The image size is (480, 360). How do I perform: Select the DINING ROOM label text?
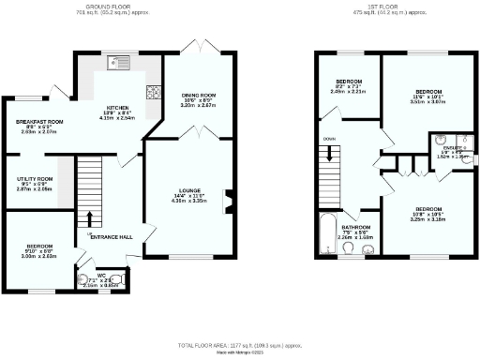[198, 95]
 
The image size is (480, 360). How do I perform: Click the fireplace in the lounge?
[228, 201]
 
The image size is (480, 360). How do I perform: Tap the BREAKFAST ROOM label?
[38, 122]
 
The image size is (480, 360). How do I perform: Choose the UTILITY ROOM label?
[34, 178]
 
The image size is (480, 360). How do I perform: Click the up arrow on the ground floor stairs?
[90, 225]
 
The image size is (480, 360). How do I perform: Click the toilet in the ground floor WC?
[82, 278]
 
